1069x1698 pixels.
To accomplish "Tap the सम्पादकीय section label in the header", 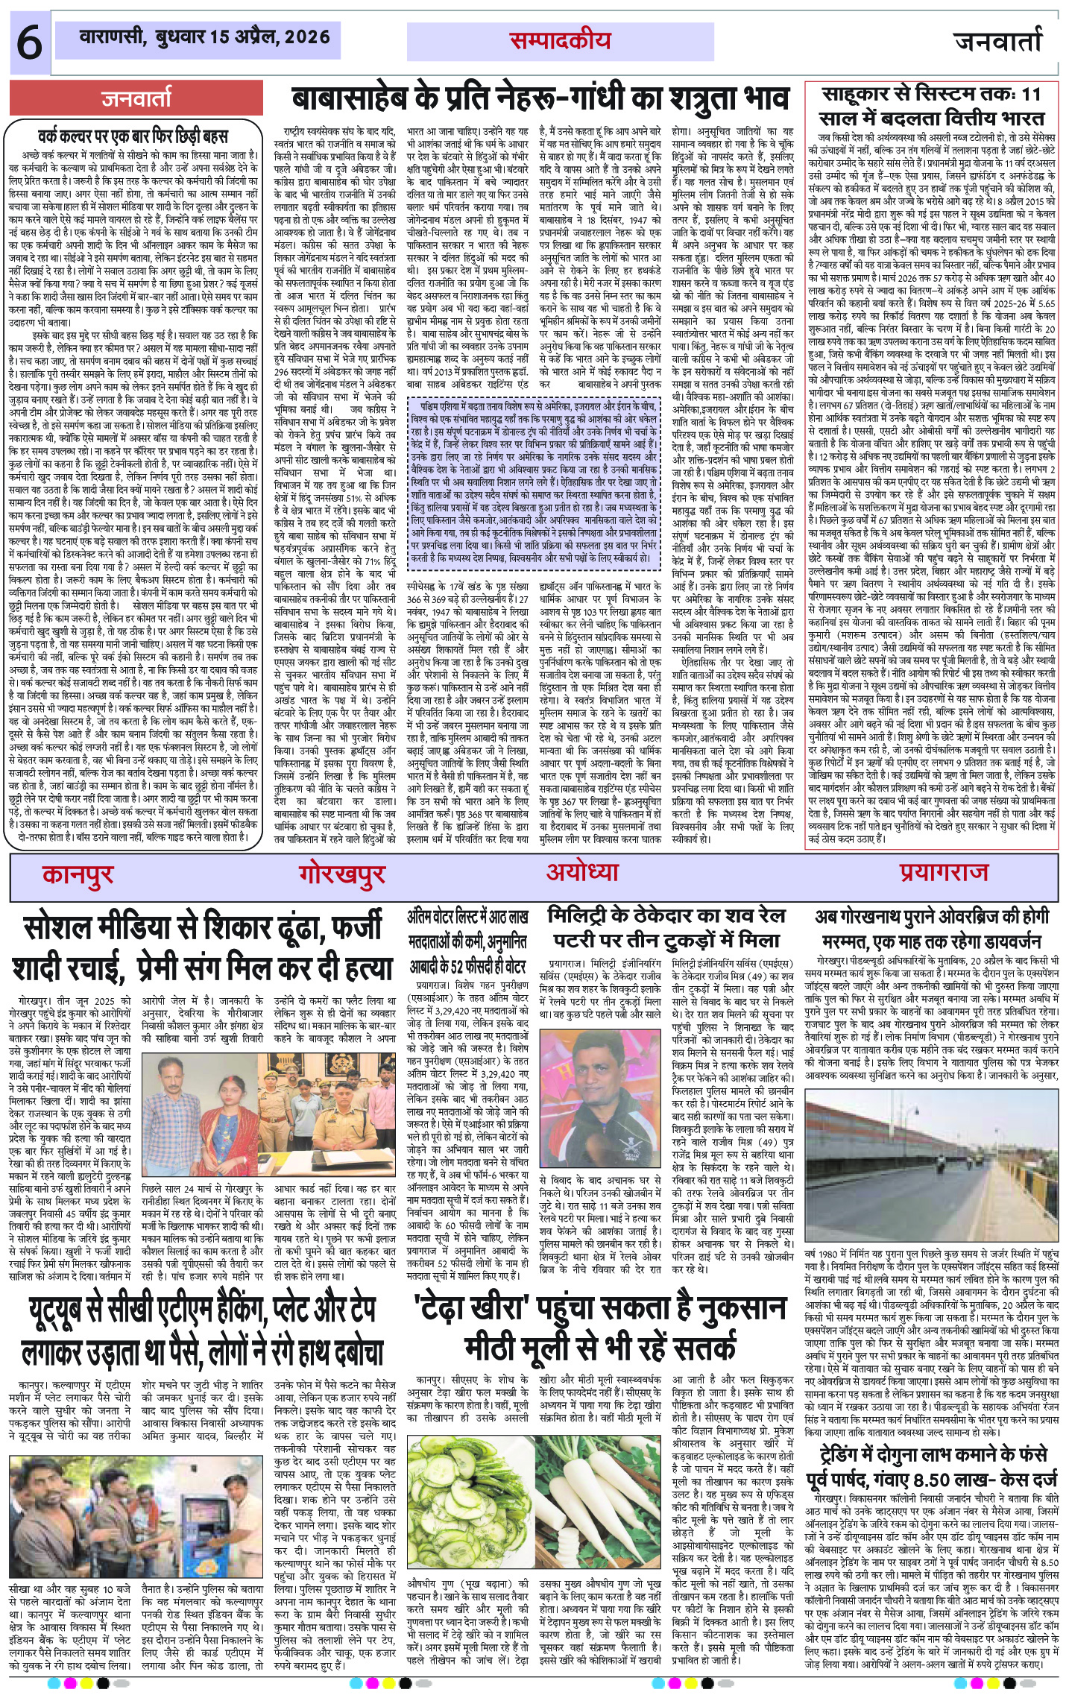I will click(560, 42).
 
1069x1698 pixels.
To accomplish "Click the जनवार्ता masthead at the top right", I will click(998, 42).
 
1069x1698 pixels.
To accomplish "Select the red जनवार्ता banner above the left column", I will click(137, 98).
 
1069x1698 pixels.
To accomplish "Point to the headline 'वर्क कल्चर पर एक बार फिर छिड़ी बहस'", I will click(133, 137).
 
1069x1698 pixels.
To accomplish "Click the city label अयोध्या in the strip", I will click(582, 871).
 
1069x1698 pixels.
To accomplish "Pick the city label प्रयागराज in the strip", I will click(944, 871).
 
